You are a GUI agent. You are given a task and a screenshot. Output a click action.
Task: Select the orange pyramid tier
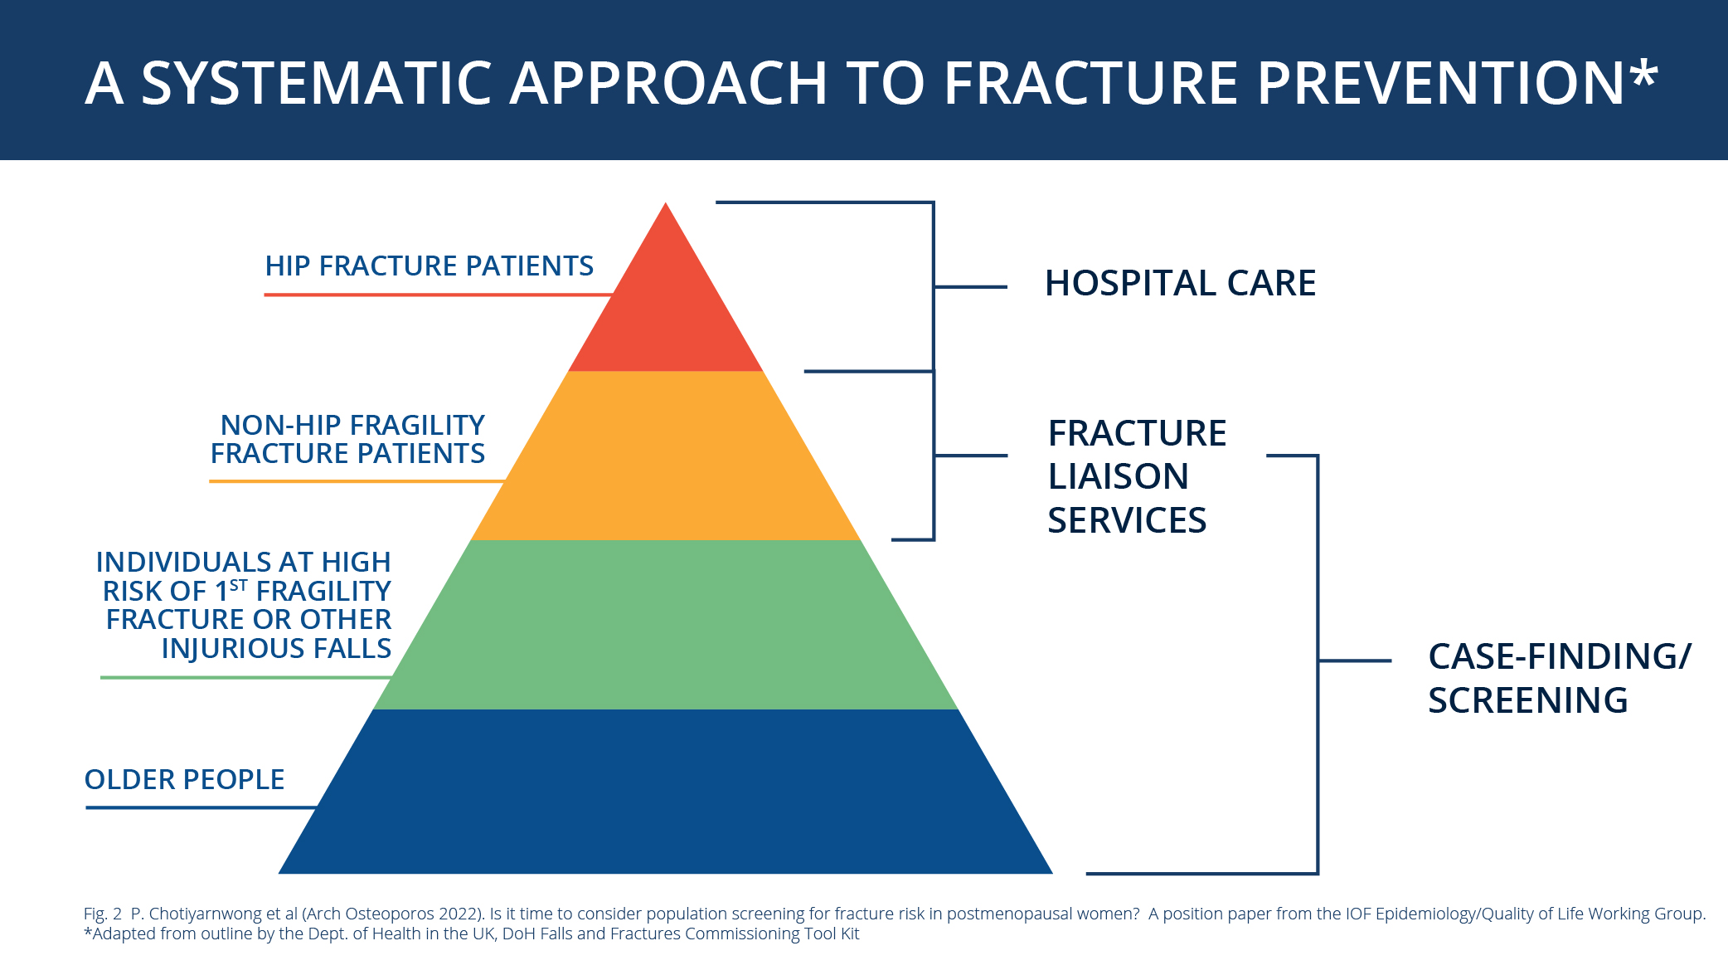[x=666, y=456]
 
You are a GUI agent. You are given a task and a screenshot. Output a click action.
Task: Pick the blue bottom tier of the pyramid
[x=666, y=792]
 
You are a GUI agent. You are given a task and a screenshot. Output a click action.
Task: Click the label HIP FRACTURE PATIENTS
[x=429, y=266]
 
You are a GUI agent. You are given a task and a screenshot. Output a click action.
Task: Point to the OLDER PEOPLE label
[x=184, y=780]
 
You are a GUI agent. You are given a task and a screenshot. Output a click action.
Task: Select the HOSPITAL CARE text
[x=1179, y=284]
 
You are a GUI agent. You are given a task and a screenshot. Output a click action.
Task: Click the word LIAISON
[x=1118, y=477]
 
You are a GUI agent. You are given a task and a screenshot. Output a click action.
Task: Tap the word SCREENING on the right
[x=1527, y=701]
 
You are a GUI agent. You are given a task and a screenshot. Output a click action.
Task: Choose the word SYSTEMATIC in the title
[x=317, y=84]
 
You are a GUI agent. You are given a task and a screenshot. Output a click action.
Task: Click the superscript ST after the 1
[x=239, y=585]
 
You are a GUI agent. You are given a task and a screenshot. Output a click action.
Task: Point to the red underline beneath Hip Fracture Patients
[x=437, y=295]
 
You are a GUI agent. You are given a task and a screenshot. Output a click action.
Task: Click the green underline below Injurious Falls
[x=245, y=678]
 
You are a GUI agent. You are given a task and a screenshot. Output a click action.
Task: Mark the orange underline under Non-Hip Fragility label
[x=357, y=481]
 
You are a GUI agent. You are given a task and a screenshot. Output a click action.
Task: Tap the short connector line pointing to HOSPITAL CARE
[x=970, y=287]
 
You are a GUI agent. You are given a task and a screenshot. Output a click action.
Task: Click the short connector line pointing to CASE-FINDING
[x=1354, y=661]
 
